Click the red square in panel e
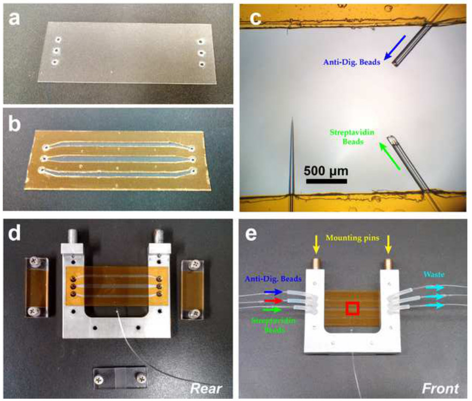click(x=352, y=309)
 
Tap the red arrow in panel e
click(x=287, y=302)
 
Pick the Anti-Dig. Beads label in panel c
click(x=351, y=63)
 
